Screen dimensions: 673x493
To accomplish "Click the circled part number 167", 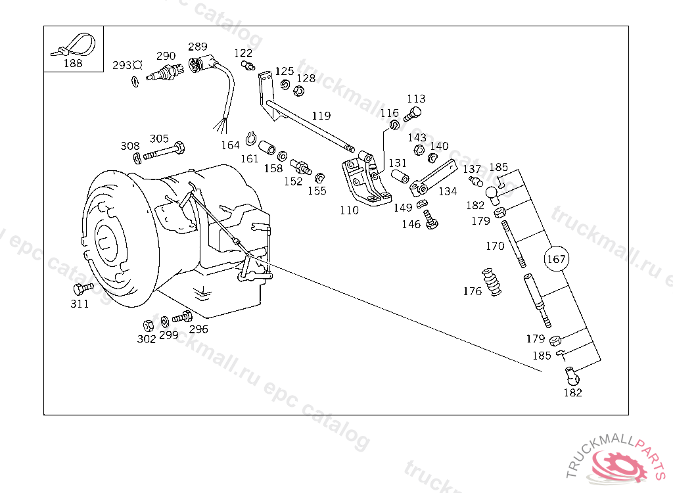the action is click(x=556, y=258).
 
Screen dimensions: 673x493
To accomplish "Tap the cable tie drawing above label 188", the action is click(x=74, y=45).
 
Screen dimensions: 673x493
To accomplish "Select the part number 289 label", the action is click(x=197, y=47).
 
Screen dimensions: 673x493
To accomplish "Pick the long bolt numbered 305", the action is click(x=164, y=151).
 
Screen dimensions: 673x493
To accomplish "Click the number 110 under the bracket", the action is click(x=349, y=210).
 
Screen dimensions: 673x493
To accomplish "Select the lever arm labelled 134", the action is click(x=433, y=177).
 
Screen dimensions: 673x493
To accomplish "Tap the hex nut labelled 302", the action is click(x=148, y=325).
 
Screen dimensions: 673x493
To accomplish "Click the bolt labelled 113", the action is click(x=413, y=114).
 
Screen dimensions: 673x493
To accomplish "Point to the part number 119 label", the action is click(x=321, y=116).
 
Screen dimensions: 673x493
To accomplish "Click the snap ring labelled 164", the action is click(x=250, y=138).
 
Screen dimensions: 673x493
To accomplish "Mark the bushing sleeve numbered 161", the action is click(x=267, y=147).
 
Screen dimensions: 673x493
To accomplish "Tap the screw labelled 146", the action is click(x=430, y=220).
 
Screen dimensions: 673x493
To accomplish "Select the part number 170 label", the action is click(x=495, y=246).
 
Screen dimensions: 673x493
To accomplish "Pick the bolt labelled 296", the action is click(x=183, y=317).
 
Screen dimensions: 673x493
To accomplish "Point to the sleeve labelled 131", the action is click(x=400, y=176).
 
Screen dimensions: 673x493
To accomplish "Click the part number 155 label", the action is click(x=317, y=191).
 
